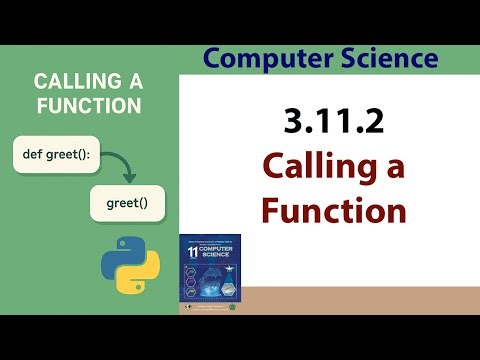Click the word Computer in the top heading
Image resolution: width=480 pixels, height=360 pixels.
262,58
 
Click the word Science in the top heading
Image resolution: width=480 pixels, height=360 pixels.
383,58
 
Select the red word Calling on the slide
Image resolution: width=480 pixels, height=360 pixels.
317,167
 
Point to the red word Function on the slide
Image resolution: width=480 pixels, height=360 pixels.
333,211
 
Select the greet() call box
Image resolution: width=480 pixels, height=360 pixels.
127,205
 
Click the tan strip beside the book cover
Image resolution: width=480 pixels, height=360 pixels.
360,298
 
